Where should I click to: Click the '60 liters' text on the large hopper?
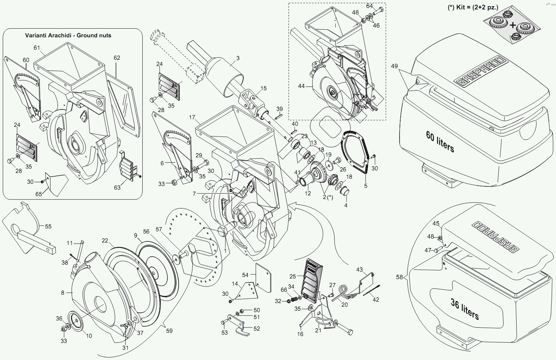tap(440, 142)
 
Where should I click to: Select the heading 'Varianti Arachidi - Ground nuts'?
tap(68, 36)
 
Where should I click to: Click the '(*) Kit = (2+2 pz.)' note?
tap(473, 8)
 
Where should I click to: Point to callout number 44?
tap(301, 86)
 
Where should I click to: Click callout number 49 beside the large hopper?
tap(394, 66)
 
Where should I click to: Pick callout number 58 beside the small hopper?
tap(400, 277)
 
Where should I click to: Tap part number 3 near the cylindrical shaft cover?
tap(238, 58)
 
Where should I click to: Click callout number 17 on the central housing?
tap(192, 117)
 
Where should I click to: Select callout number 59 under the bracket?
tap(169, 331)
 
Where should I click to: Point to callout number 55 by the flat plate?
tap(48, 226)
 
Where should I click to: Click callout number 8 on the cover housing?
tap(63, 293)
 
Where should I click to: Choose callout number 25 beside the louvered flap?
tap(293, 276)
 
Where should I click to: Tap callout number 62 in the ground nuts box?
tap(117, 58)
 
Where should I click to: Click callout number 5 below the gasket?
tap(365, 186)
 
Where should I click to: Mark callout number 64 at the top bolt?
tap(369, 6)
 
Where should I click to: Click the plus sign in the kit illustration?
tap(513, 25)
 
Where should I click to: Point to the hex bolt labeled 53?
tap(223, 323)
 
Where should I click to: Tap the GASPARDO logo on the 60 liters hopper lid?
tap(480, 71)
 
